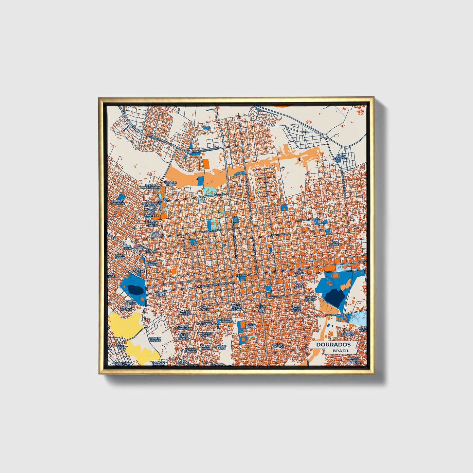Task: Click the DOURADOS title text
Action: tap(333, 344)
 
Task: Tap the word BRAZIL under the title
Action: tap(341, 351)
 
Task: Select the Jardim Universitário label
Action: tap(151, 186)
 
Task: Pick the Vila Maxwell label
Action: tap(335, 244)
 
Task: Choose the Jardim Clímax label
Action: tap(160, 294)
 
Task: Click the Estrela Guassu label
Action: tap(155, 339)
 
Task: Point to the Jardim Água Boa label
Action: tap(279, 346)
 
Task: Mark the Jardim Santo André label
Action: tap(296, 308)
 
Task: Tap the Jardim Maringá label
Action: tap(185, 312)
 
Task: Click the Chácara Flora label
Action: tap(171, 184)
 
